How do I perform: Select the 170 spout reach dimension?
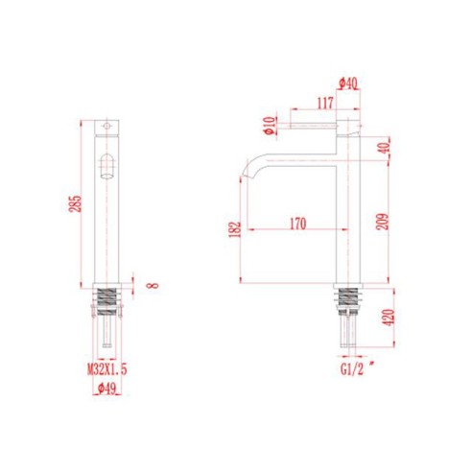coord(296,224)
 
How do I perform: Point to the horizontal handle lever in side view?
coord(317,125)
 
